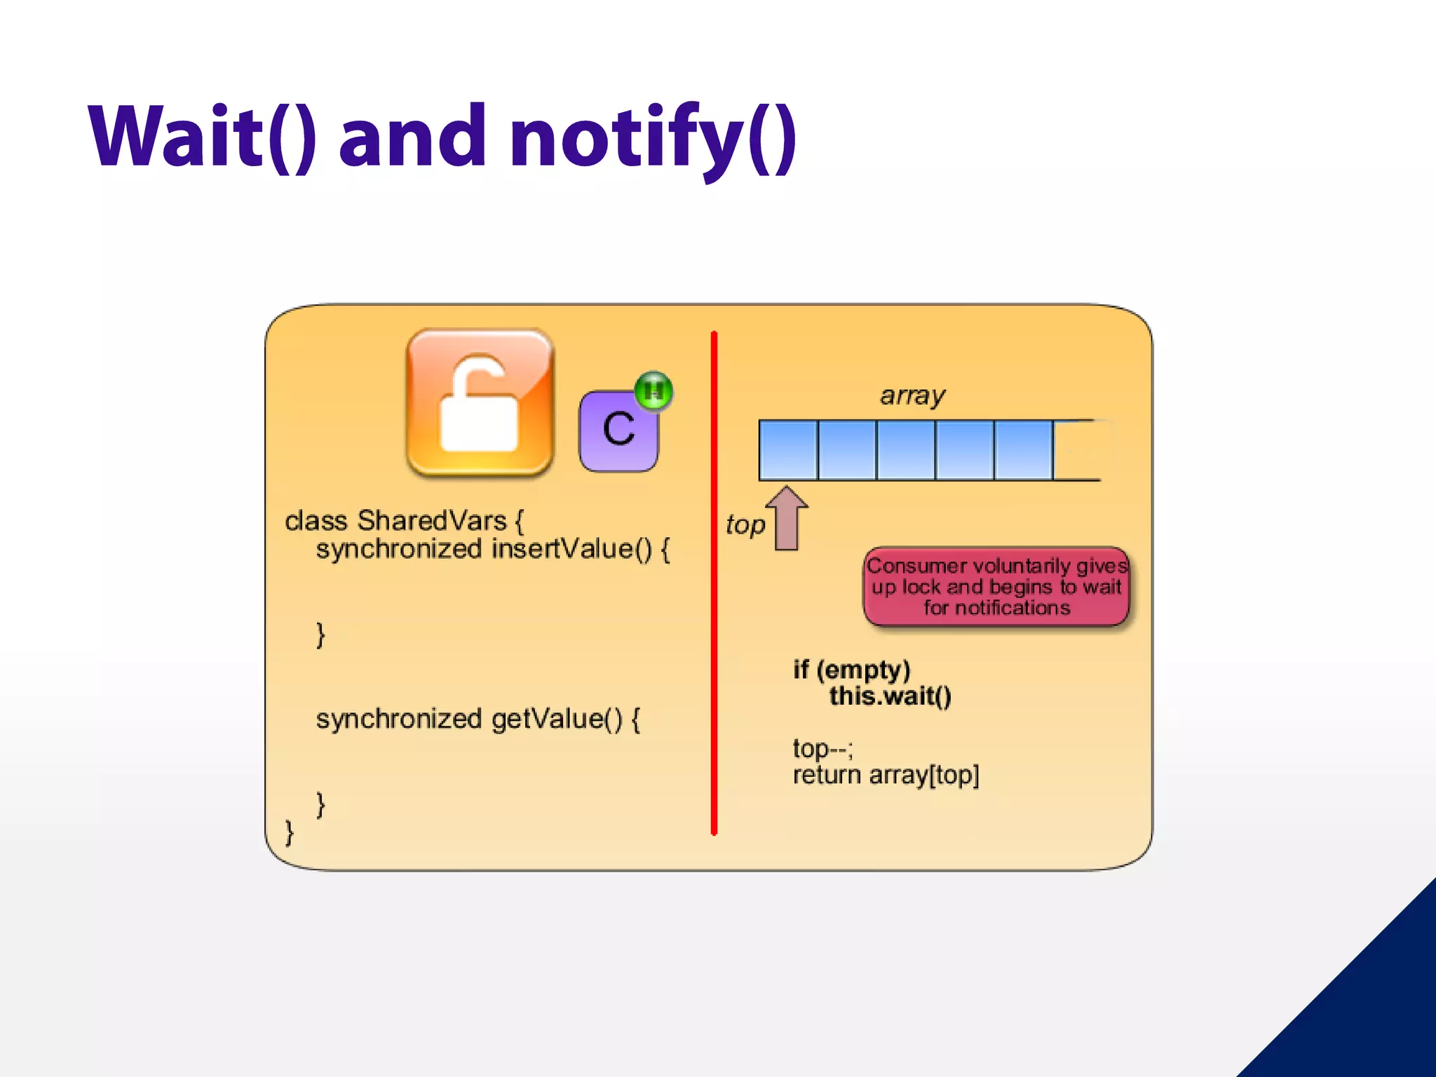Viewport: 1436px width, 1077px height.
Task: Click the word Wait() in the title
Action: coord(203,137)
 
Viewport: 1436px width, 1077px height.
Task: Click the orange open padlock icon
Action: coord(480,403)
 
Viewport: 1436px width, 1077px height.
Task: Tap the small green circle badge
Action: coord(653,390)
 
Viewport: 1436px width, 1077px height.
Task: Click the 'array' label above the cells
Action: coord(912,396)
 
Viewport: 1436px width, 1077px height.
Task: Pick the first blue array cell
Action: coord(788,450)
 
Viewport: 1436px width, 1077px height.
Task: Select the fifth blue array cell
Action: coord(1024,450)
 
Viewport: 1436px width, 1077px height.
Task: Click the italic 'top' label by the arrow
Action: coord(745,524)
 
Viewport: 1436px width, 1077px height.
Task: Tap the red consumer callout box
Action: coord(996,587)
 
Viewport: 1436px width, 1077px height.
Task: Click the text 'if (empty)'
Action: coord(852,670)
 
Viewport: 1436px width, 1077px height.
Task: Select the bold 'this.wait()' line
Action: coord(890,696)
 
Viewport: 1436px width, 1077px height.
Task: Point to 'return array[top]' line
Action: coord(886,775)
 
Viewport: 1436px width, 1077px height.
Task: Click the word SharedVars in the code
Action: coord(432,521)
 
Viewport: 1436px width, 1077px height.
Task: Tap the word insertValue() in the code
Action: coord(572,549)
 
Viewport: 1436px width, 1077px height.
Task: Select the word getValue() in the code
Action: coord(557,719)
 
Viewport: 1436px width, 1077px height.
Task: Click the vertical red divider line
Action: coord(714,582)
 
